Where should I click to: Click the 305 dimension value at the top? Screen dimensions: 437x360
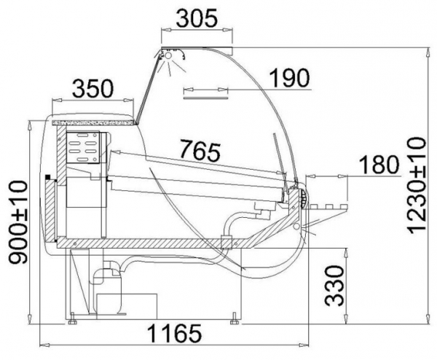pos(197,18)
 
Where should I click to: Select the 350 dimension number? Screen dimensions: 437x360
pos(92,89)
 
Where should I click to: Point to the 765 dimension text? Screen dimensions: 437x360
pos(200,151)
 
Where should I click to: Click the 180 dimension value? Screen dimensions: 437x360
pos(379,164)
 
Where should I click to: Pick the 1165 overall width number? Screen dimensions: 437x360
pos(174,333)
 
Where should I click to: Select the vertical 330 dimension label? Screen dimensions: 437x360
pos(334,286)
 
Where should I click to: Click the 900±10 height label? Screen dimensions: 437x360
pos(18,222)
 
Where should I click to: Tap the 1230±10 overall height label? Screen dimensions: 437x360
pos(417,184)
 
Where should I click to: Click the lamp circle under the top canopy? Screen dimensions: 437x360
pos(168,55)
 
